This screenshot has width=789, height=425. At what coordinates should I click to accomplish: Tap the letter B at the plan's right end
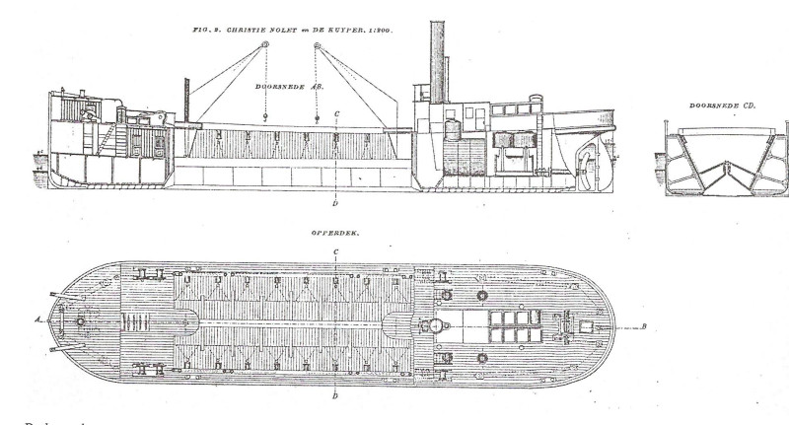642,326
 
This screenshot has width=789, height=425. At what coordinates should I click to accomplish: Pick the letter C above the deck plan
337,253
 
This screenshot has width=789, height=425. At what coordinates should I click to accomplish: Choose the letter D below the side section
335,205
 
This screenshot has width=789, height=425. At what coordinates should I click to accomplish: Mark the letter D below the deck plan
337,396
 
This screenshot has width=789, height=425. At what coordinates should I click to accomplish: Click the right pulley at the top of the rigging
317,45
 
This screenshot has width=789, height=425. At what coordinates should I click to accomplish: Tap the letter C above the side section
337,113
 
